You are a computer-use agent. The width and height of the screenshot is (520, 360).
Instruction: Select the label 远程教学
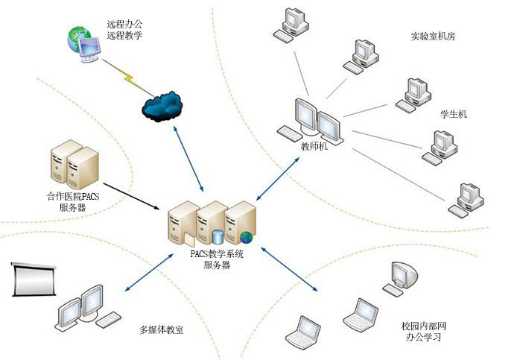124,35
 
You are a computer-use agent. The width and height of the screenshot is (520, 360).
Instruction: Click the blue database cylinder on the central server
218,237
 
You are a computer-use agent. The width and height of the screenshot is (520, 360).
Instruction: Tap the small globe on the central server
247,239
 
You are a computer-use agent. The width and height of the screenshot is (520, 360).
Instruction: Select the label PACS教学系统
217,254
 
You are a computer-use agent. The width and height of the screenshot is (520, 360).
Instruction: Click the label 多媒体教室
162,329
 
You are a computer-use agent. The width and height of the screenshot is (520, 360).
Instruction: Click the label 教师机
314,146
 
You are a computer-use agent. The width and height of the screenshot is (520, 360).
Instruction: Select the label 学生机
454,115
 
